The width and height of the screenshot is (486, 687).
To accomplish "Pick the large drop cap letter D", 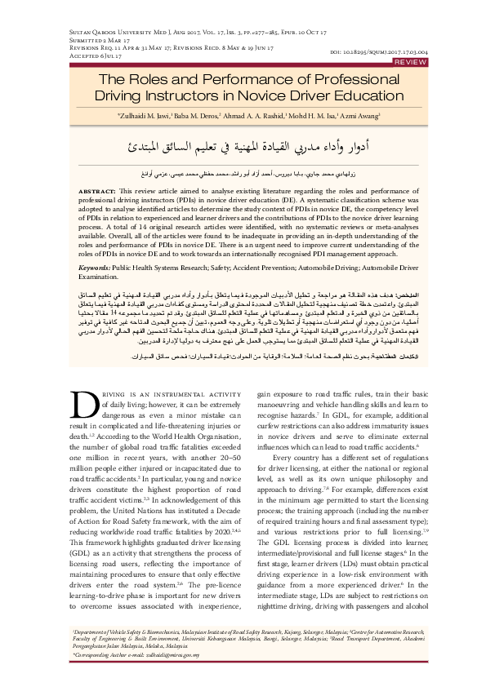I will point(87,408).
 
